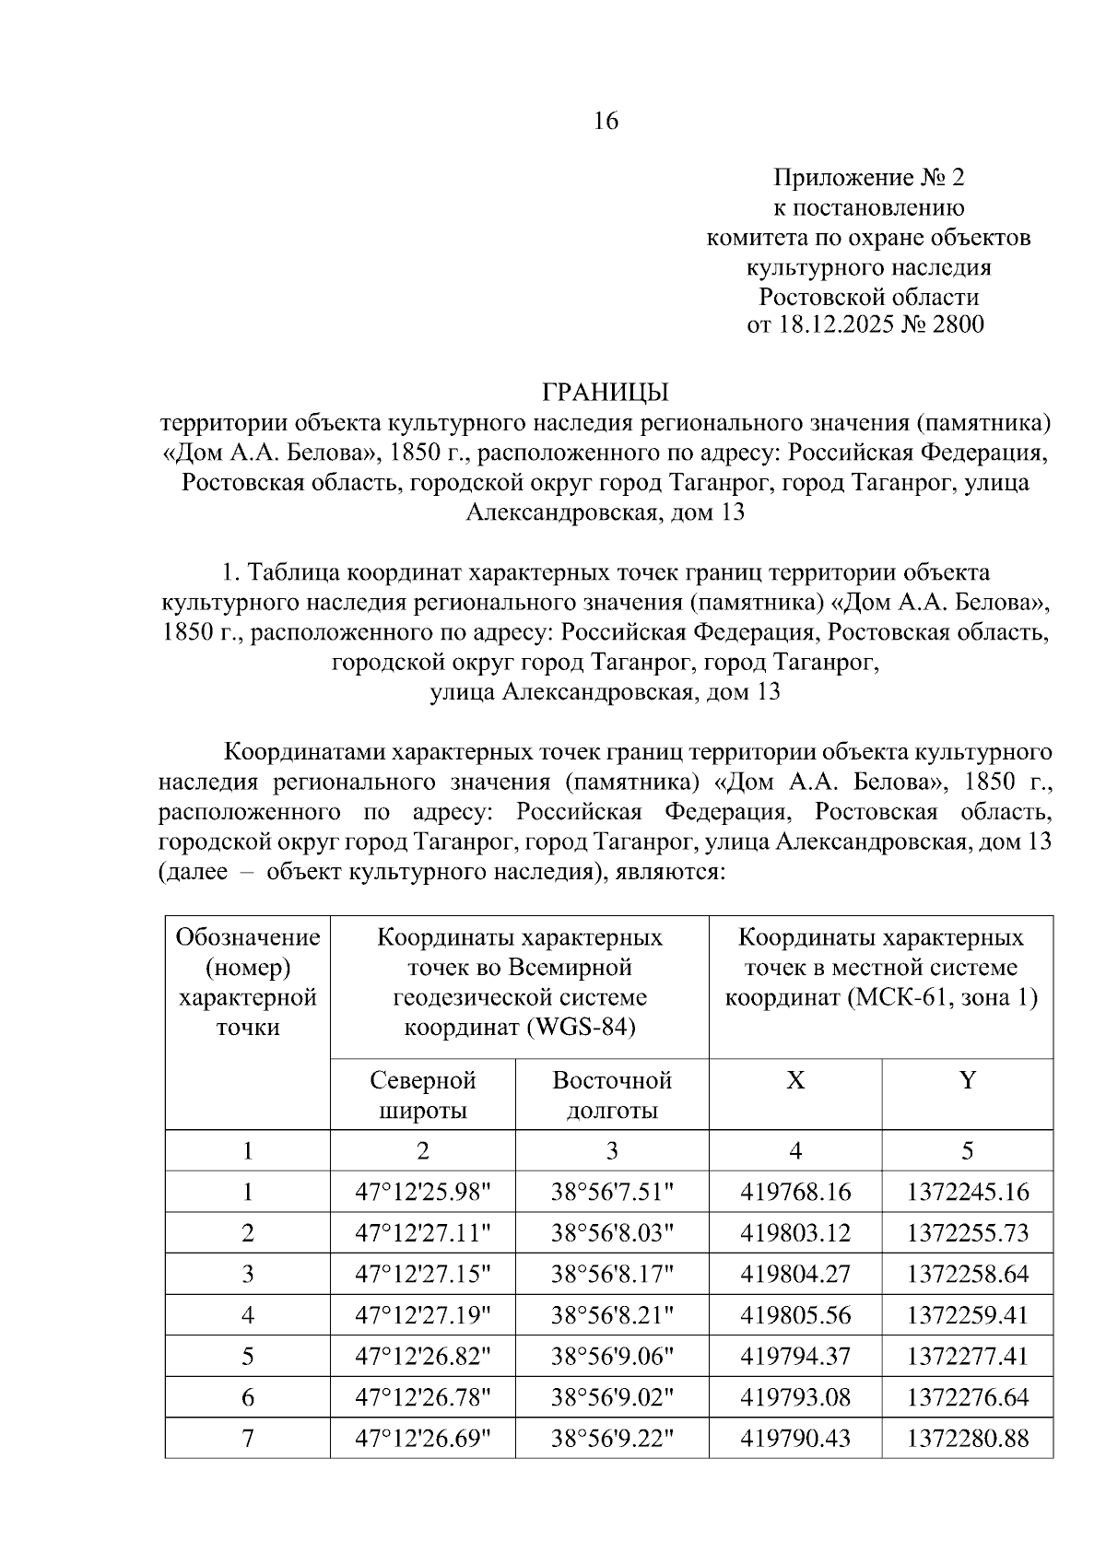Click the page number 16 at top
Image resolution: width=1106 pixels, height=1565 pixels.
tap(606, 121)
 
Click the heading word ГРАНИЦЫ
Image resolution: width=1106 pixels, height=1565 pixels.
tap(605, 393)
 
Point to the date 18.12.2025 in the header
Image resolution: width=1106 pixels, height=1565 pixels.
tap(833, 324)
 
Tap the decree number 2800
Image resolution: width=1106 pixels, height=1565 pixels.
tap(958, 324)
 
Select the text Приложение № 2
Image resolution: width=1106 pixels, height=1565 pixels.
tap(868, 177)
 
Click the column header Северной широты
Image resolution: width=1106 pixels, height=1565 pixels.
tap(422, 1094)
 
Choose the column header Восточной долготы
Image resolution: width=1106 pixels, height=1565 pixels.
tap(612, 1094)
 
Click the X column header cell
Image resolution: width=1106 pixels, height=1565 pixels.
tap(794, 1080)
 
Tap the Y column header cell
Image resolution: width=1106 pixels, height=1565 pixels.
tap(967, 1080)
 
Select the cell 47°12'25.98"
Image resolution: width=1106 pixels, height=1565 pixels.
tap(422, 1192)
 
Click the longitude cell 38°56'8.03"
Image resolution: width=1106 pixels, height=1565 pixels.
tap(612, 1233)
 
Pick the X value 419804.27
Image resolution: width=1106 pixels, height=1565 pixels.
tap(794, 1274)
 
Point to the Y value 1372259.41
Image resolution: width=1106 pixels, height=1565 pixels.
tap(967, 1315)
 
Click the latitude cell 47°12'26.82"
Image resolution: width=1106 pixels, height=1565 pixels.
tap(422, 1356)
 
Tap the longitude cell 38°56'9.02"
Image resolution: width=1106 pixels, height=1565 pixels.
tap(612, 1397)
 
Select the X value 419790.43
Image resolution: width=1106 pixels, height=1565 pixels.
tap(794, 1438)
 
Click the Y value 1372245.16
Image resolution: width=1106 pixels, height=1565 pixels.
tap(967, 1192)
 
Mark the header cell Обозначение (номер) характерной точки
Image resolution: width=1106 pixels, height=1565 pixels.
tap(248, 983)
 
